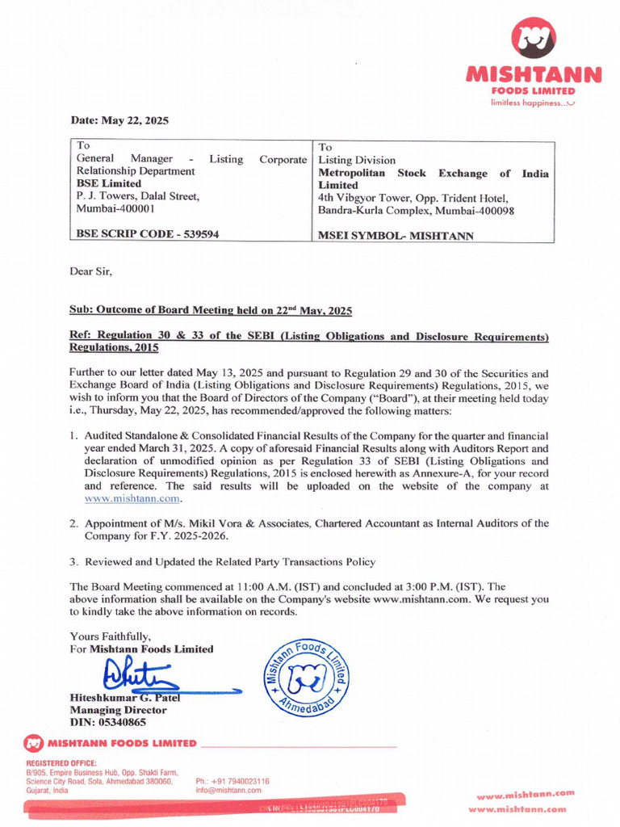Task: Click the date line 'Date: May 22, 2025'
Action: tap(119, 120)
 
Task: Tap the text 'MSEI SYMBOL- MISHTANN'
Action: tap(396, 236)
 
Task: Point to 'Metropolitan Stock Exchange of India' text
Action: tap(434, 173)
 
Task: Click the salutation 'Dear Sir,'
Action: tap(91, 271)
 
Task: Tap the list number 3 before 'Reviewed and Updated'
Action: tap(73, 561)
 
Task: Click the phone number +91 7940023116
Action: tap(232, 781)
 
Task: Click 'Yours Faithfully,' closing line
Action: tap(110, 636)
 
